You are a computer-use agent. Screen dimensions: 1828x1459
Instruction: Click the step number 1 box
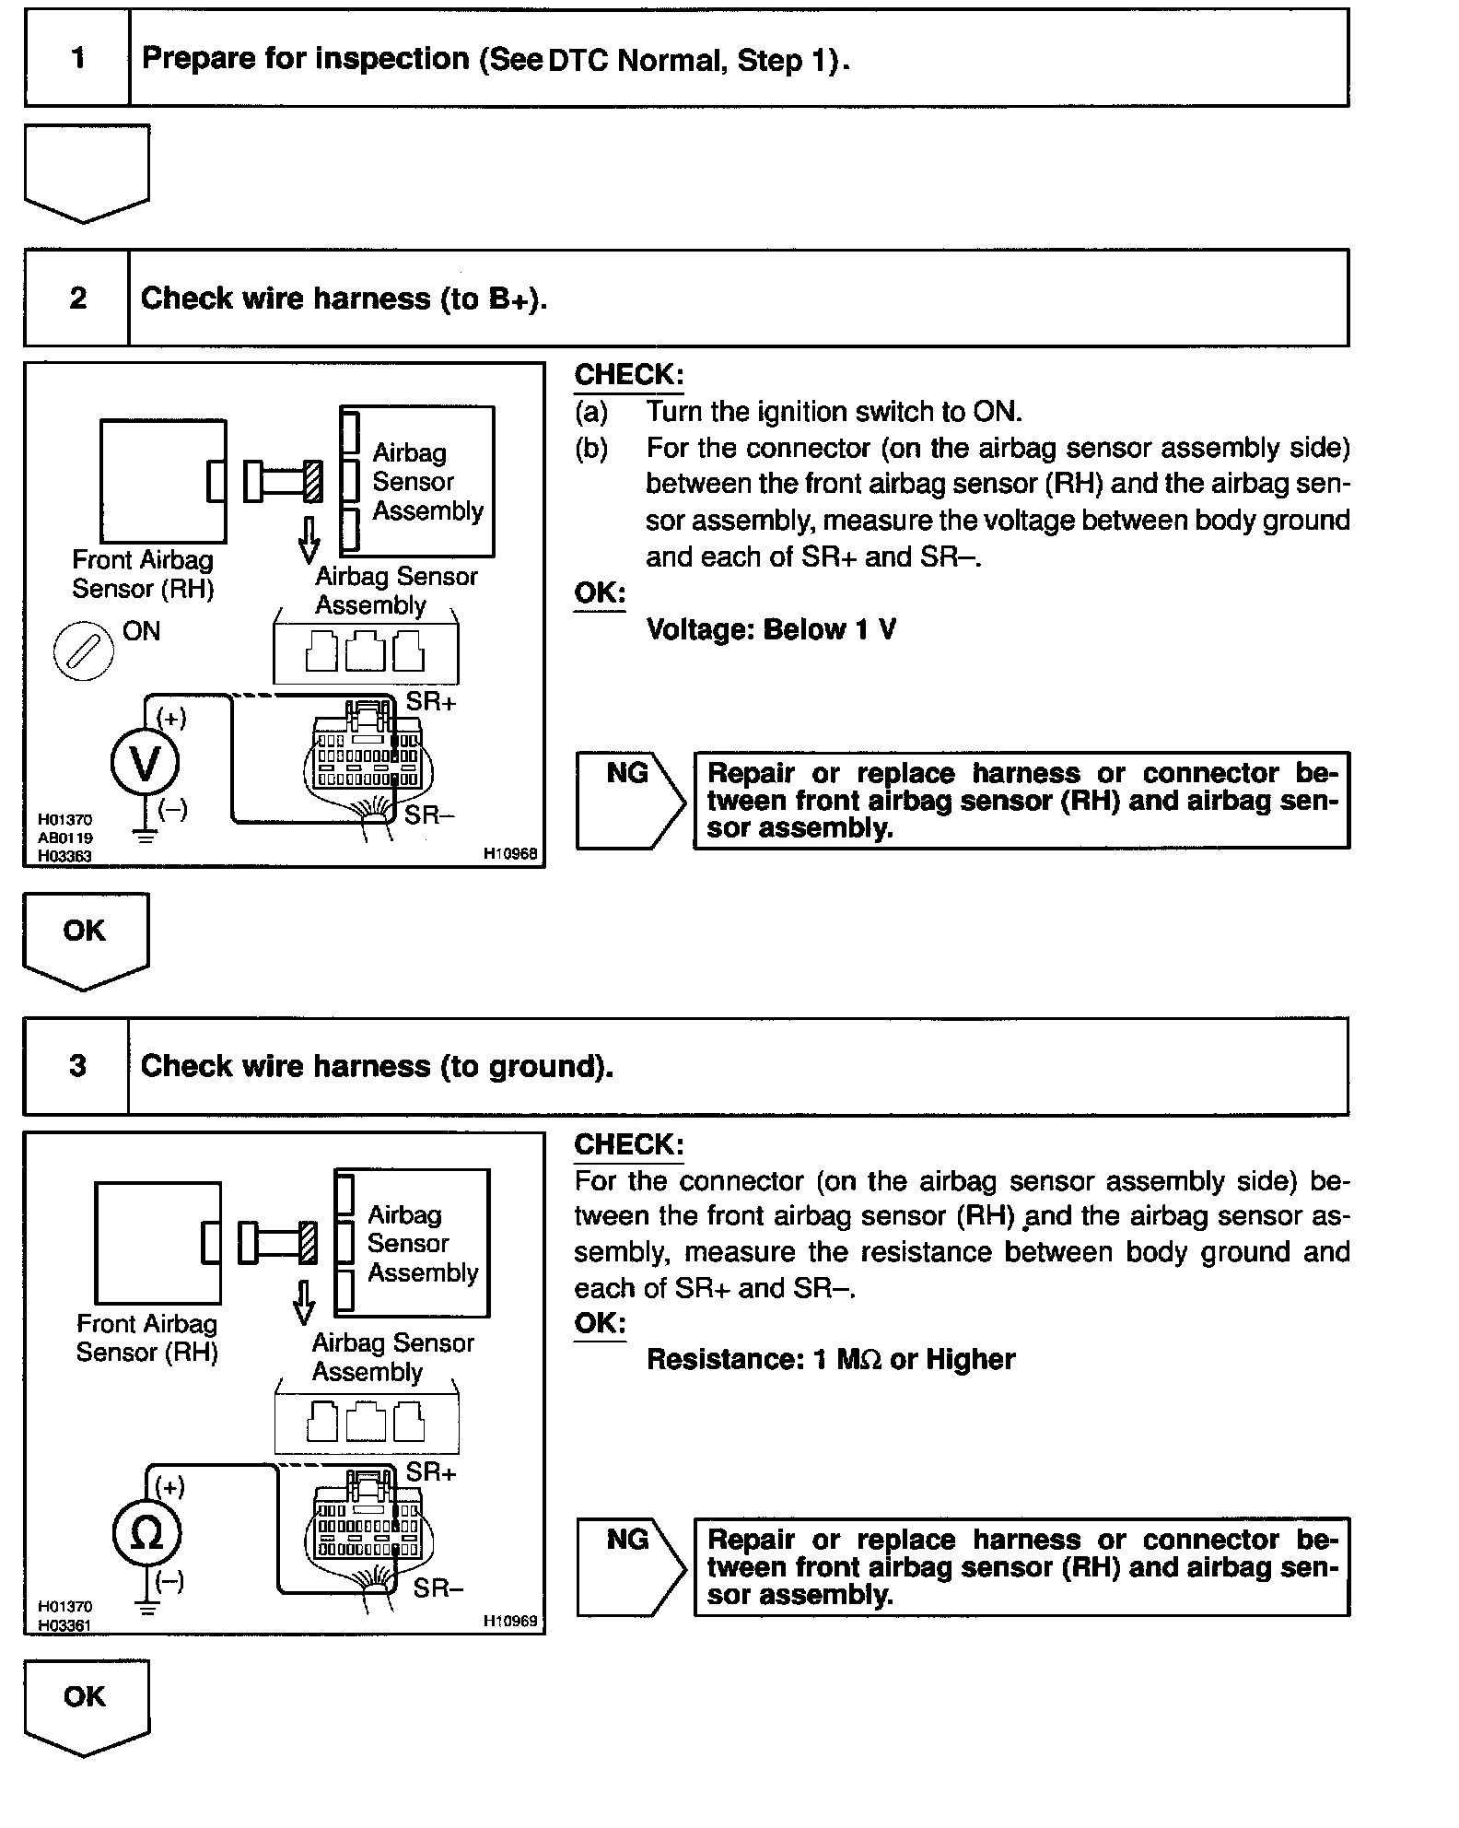tap(77, 58)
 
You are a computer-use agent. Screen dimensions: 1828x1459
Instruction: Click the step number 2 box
tap(77, 298)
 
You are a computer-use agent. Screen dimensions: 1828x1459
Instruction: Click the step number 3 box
tap(77, 1066)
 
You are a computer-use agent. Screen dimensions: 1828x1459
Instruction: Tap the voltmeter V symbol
tap(145, 763)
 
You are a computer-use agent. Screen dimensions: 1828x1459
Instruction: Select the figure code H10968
tap(509, 854)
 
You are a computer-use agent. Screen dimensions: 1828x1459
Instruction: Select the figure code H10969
tap(509, 1621)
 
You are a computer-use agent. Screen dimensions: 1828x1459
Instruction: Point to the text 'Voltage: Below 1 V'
tap(771, 630)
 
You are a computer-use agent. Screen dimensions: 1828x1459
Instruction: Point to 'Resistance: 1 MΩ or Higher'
tap(831, 1360)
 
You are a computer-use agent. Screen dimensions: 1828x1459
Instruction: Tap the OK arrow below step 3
tap(85, 1704)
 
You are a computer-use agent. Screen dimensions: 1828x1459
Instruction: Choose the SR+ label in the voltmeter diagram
tap(431, 701)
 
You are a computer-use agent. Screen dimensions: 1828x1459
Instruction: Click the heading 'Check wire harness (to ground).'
tap(377, 1066)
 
